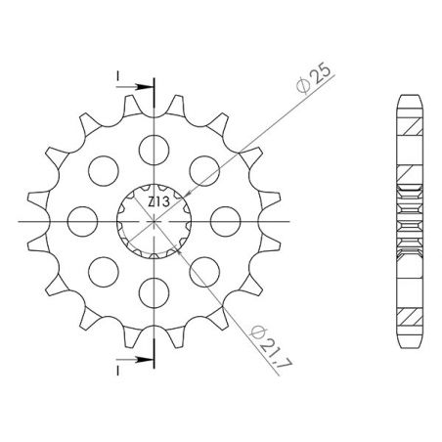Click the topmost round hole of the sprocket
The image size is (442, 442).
154,148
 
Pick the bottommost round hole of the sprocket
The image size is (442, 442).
154,288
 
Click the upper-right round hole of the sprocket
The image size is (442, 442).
203,168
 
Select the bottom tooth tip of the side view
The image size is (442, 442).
409,345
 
